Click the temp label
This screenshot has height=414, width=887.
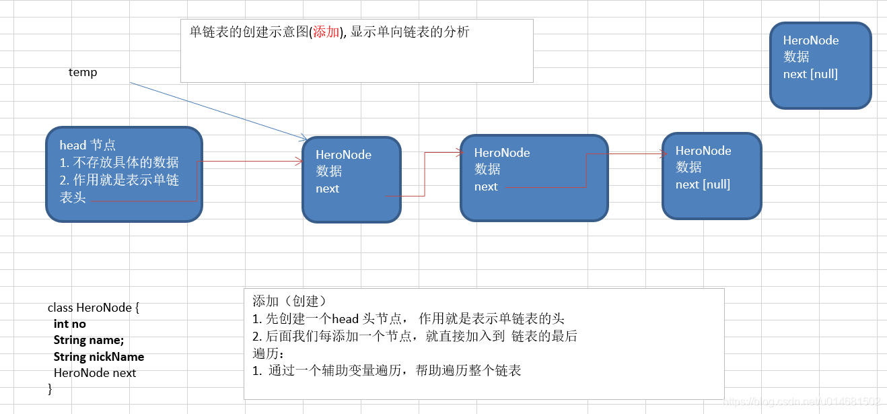coord(83,72)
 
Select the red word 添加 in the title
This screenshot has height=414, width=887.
coord(326,32)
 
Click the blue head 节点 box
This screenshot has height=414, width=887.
coord(124,174)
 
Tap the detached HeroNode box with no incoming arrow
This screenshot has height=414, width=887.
coord(820,65)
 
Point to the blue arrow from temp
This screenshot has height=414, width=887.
coord(215,110)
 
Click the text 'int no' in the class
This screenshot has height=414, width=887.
coord(69,324)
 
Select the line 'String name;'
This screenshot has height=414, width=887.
coord(88,340)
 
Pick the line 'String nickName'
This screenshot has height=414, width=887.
coord(98,356)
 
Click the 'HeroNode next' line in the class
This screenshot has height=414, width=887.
coord(94,372)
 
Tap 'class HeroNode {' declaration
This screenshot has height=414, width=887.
coord(94,308)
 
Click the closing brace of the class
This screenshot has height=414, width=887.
coord(50,388)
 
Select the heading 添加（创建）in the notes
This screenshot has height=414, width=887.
coord(289,301)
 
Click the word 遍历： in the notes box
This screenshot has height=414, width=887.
coord(268,353)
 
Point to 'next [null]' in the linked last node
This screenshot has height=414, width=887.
coord(703,184)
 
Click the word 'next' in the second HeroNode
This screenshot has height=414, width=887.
coord(486,186)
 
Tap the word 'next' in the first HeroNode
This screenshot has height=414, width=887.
coord(327,188)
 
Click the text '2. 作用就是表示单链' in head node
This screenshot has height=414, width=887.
coord(119,180)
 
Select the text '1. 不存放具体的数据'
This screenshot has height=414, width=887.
coord(119,162)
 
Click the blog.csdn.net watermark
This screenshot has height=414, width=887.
coord(801,402)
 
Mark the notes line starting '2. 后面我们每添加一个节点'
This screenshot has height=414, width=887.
coord(415,336)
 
